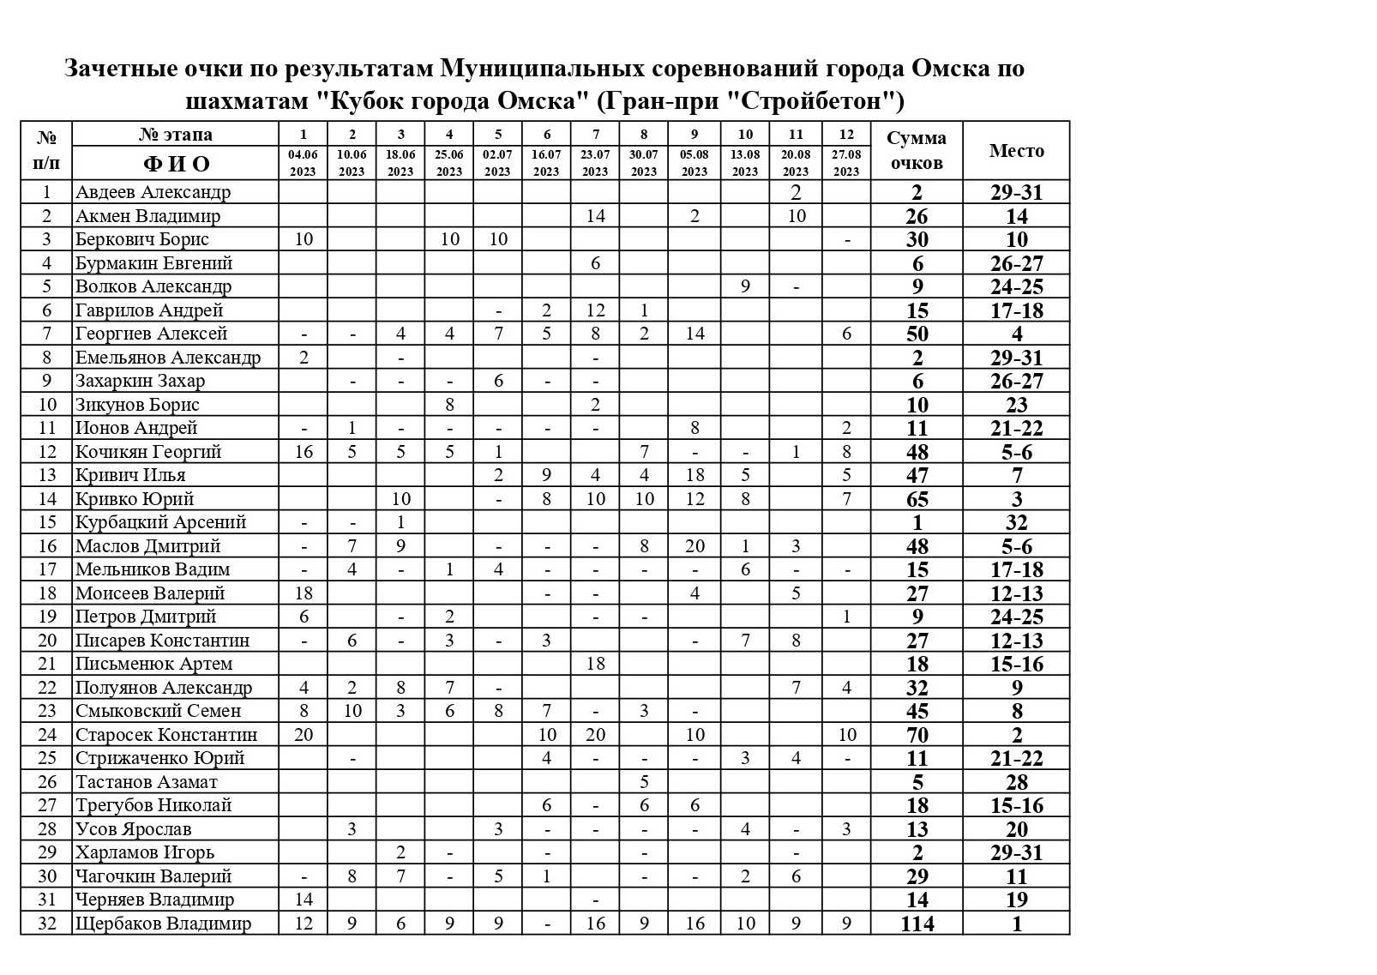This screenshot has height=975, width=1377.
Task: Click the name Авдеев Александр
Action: tap(153, 192)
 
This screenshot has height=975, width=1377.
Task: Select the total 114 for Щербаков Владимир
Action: tap(917, 924)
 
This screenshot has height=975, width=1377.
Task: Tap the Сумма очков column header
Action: tap(917, 150)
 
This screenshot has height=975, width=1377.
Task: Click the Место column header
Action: tap(1016, 151)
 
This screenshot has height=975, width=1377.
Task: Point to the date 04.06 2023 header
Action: tap(303, 163)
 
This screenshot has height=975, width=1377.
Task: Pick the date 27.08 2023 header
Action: tap(846, 163)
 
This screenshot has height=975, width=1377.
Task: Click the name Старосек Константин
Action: tap(165, 735)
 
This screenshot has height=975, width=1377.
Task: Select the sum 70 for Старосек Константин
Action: tap(917, 735)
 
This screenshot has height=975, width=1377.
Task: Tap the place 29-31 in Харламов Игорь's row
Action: tap(1016, 852)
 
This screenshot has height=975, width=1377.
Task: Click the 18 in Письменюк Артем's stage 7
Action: tap(595, 664)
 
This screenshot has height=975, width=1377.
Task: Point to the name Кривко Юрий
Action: tap(135, 499)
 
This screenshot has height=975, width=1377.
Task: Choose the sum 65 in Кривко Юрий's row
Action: tap(917, 499)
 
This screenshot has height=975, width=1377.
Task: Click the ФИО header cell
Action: tap(176, 163)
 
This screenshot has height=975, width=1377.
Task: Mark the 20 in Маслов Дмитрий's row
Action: tap(695, 546)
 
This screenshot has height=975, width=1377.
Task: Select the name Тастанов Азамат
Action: tap(146, 782)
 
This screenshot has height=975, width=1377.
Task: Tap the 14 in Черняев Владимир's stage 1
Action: tap(304, 900)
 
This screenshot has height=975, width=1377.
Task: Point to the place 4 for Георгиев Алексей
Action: tap(1016, 334)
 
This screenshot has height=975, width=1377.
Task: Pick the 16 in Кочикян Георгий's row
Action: tap(304, 452)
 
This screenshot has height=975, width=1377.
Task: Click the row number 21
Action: tap(47, 664)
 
